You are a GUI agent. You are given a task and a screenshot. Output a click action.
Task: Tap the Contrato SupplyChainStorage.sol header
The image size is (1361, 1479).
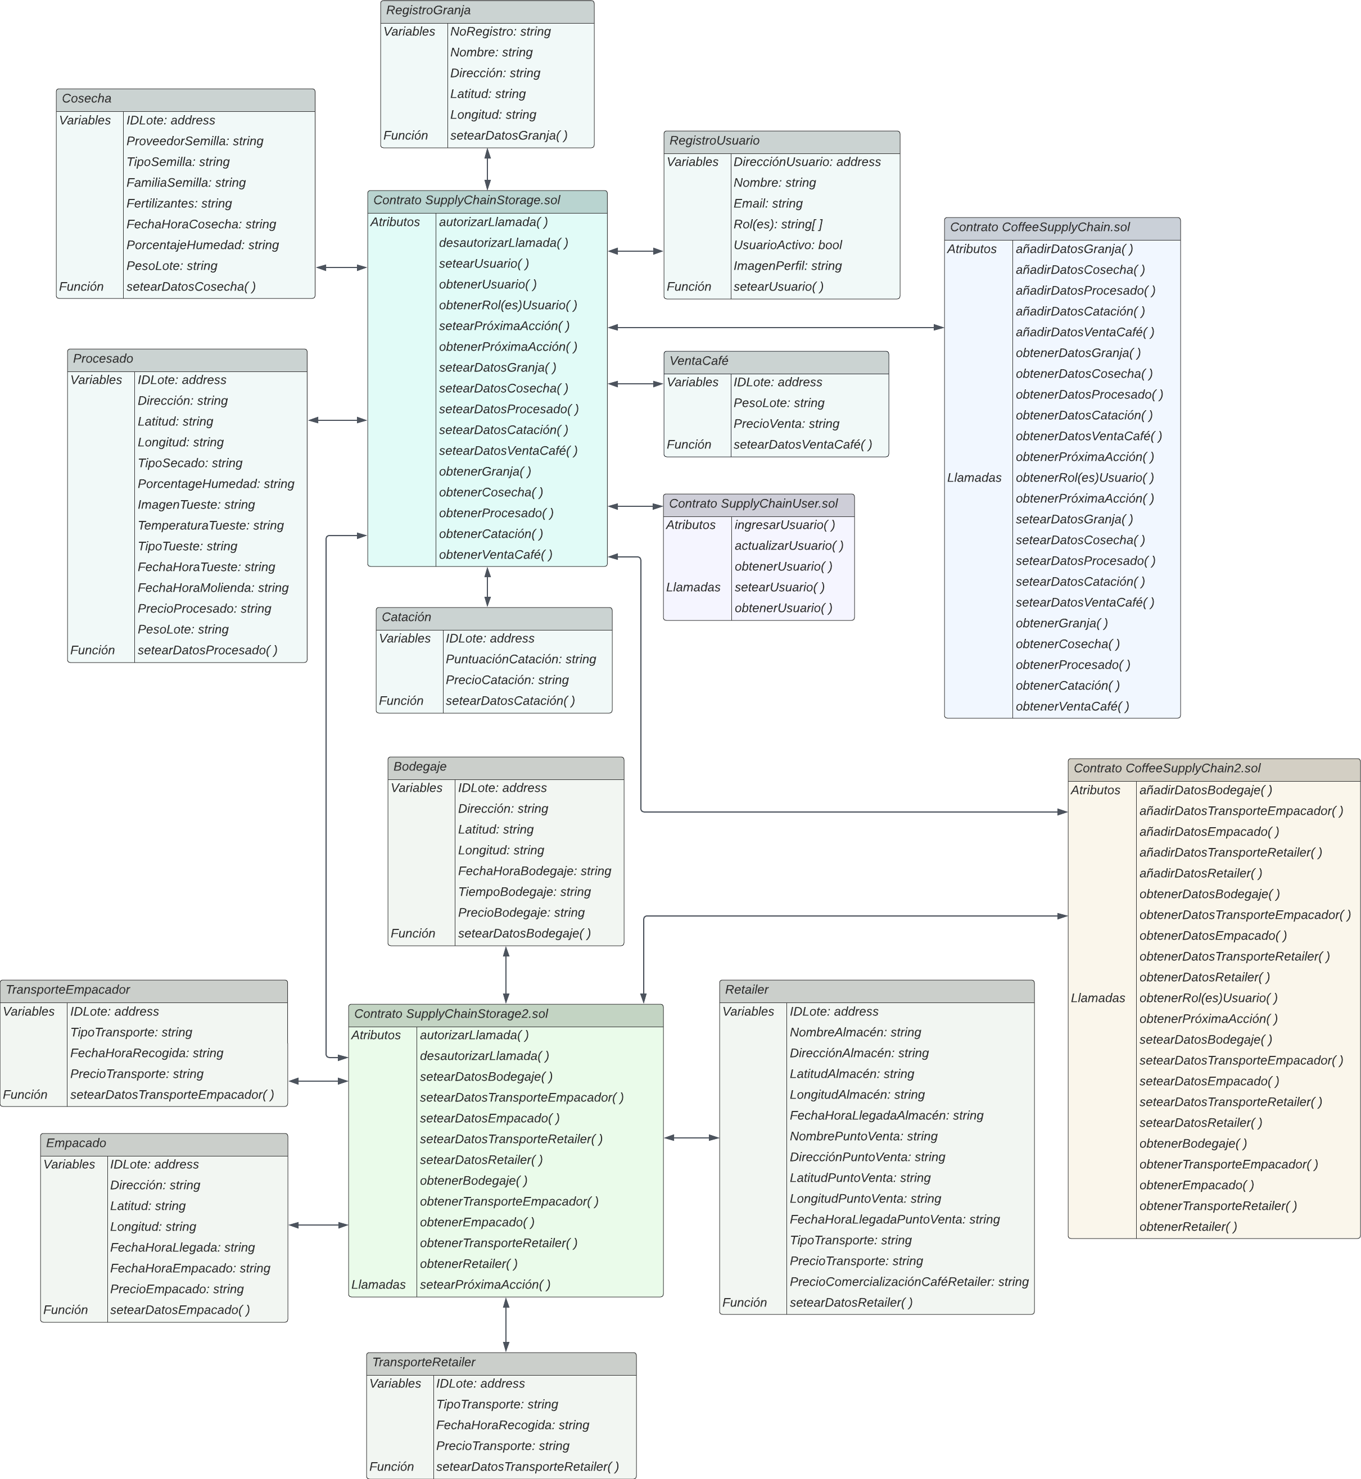[466, 200]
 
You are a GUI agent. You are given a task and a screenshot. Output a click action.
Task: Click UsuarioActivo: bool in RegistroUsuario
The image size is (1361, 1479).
[787, 245]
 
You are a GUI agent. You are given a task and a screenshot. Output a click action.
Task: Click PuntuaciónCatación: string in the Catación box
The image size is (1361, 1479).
[520, 660]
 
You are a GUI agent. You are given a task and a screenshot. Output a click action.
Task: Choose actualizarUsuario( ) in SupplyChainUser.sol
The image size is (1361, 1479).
[789, 546]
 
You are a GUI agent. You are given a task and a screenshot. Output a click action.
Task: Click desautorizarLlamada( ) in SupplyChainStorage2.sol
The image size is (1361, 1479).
[484, 1056]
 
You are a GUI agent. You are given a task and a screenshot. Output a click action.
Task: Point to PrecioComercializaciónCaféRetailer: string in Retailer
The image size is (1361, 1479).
[909, 1282]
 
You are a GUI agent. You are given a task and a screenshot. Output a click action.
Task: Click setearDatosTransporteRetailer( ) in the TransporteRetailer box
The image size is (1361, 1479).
[527, 1467]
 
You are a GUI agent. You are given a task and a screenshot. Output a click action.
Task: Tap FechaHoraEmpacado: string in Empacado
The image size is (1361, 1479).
[190, 1268]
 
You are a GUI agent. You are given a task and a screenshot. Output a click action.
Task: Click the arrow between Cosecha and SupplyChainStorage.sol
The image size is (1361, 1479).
[341, 268]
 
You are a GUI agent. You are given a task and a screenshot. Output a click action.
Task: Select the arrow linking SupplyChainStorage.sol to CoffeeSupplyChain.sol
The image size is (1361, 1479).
[775, 328]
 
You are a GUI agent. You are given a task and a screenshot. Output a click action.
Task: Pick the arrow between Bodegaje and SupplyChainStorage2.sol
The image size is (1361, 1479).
[506, 975]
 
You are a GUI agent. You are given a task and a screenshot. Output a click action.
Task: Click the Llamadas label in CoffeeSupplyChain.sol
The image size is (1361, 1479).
[974, 478]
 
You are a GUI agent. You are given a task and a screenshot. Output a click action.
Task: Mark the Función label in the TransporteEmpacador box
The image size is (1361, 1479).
[25, 1095]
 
